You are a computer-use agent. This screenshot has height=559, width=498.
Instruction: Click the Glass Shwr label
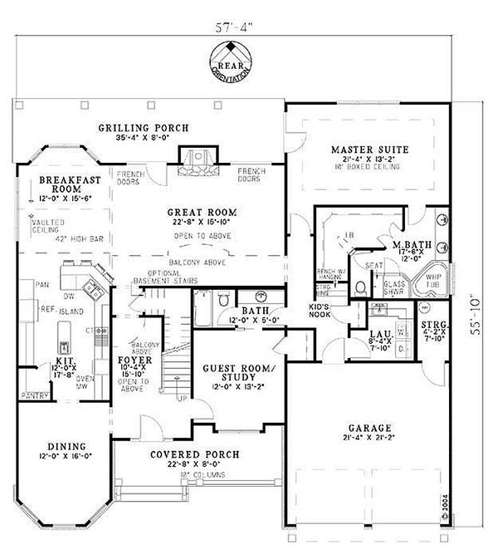394,285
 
